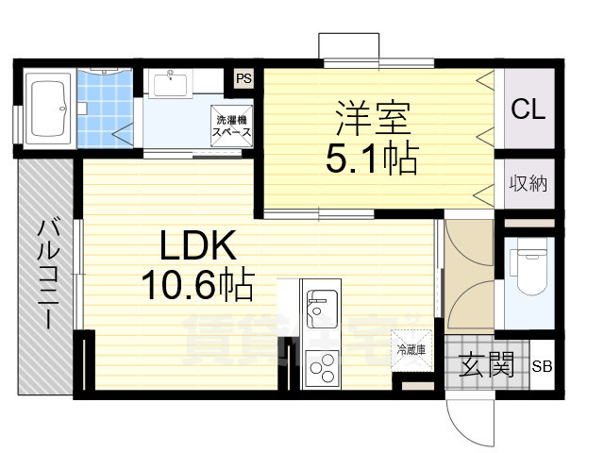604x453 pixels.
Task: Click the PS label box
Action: (243, 79)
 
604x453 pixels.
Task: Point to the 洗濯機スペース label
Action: (232, 126)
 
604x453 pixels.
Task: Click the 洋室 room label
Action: (371, 121)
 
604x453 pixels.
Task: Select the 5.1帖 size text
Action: (371, 159)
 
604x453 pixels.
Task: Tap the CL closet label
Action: (528, 109)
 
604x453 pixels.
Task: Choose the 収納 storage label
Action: (528, 183)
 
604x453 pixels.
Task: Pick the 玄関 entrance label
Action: (487, 364)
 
